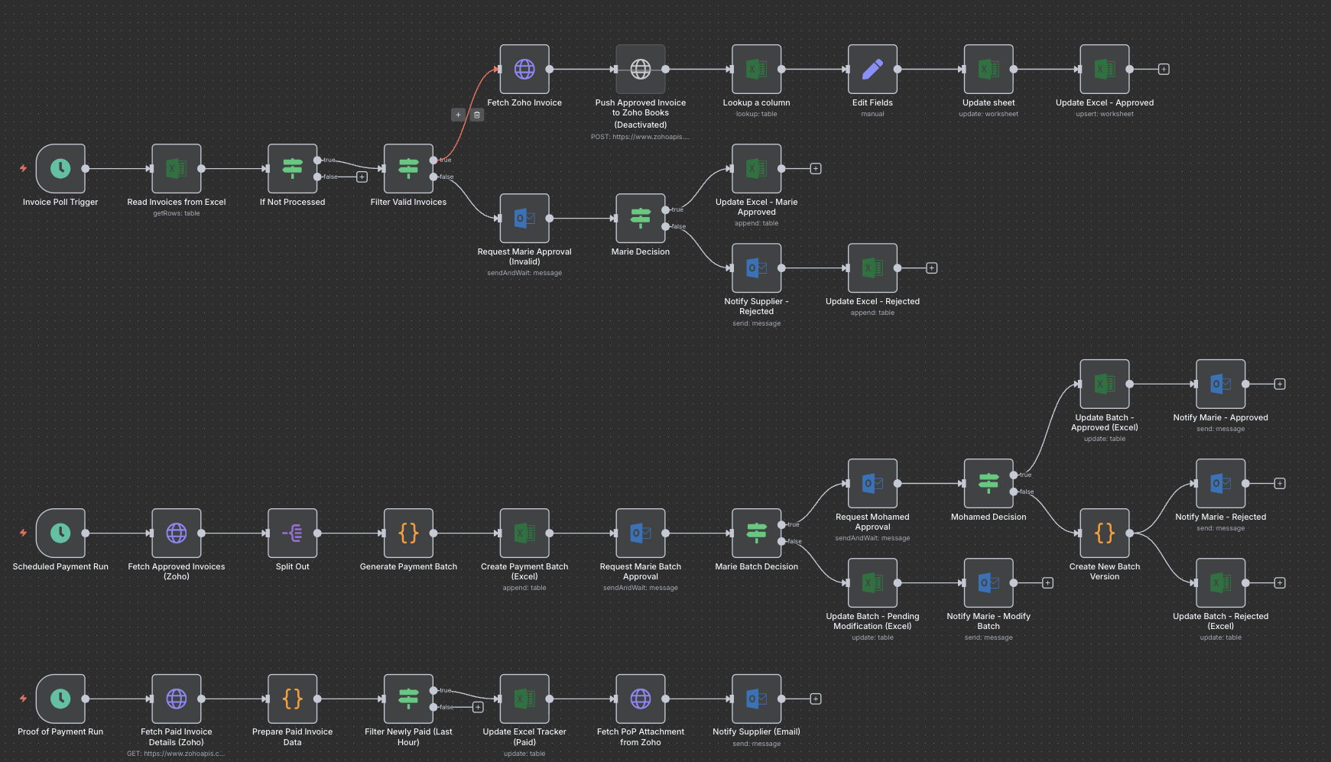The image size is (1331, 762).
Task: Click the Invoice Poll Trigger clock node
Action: pyautogui.click(x=60, y=168)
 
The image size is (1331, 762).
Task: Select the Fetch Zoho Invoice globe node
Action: pyautogui.click(x=524, y=70)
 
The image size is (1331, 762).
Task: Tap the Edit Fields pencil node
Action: pyautogui.click(x=872, y=70)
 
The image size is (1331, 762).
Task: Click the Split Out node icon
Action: pyautogui.click(x=293, y=533)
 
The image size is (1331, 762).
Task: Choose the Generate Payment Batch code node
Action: pyautogui.click(x=408, y=533)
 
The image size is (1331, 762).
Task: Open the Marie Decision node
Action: pyautogui.click(x=641, y=219)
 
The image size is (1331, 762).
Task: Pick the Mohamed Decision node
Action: pyautogui.click(x=989, y=483)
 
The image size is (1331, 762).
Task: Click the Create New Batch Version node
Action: pyautogui.click(x=1105, y=533)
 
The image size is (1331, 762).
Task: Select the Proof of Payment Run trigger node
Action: pyautogui.click(x=60, y=699)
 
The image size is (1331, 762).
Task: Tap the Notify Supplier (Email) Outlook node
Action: pyautogui.click(x=757, y=699)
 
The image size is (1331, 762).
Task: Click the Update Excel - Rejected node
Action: pyautogui.click(x=872, y=268)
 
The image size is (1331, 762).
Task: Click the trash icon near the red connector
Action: pyautogui.click(x=477, y=115)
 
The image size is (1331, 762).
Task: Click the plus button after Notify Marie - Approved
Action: pyautogui.click(x=1280, y=384)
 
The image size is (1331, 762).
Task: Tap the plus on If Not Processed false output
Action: pyautogui.click(x=362, y=177)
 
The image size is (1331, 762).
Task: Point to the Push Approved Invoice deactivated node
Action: pyautogui.click(x=641, y=70)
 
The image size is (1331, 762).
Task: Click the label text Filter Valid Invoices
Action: pyautogui.click(x=408, y=203)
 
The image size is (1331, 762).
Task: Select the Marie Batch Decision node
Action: pyautogui.click(x=757, y=533)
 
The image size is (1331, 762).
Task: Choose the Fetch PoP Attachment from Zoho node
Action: pyautogui.click(x=641, y=699)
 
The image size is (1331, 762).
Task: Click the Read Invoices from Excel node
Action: pyautogui.click(x=177, y=168)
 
